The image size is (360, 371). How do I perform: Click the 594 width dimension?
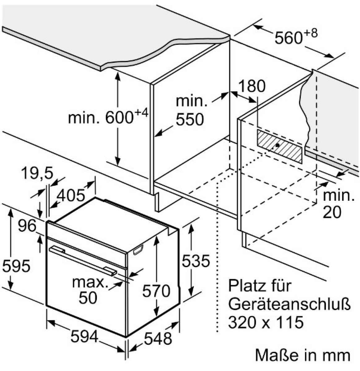point(85,337)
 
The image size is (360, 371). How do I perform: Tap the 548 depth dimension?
point(158,339)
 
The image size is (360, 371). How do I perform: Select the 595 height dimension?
point(16,266)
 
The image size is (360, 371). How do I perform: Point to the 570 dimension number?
point(156,291)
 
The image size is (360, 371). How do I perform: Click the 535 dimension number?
point(196,261)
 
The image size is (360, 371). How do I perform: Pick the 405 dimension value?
point(71,195)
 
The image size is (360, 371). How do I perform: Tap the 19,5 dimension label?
point(37,173)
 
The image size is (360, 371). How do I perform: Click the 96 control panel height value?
point(27,225)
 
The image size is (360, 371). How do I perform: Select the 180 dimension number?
point(252,86)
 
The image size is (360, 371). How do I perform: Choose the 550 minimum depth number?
point(190,120)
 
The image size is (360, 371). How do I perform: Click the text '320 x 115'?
point(266,322)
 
